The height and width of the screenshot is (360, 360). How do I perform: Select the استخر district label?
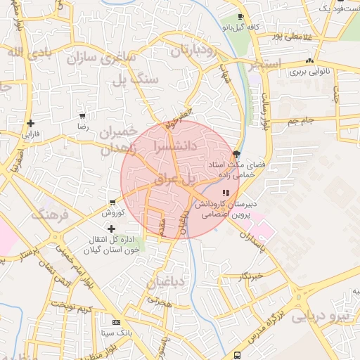[264, 65]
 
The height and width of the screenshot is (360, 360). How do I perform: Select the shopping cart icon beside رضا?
[83, 116]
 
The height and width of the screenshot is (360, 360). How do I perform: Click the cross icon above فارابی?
[31, 123]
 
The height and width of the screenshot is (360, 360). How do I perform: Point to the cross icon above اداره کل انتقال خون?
[112, 229]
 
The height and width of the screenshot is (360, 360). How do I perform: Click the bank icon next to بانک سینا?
[116, 321]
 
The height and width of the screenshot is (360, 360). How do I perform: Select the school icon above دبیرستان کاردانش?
[225, 192]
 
